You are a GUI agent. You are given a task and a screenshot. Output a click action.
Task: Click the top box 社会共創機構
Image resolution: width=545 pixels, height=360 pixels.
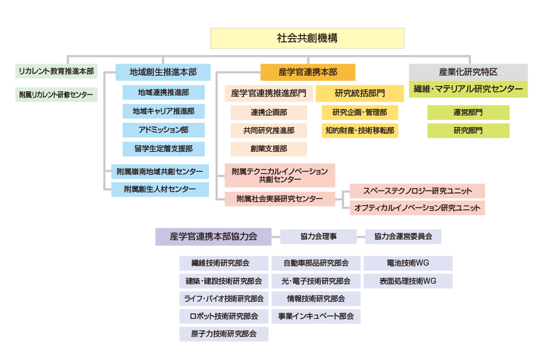[x=307, y=38]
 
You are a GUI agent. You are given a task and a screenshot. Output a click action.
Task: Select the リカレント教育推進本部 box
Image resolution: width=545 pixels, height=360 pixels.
[x=56, y=71]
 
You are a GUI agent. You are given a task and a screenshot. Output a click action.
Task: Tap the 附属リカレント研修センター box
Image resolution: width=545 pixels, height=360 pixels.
[x=56, y=95]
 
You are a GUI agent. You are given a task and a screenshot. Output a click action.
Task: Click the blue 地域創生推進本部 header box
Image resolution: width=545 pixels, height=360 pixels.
[x=163, y=72]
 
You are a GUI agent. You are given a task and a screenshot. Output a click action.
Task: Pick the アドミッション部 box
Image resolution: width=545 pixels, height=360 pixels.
[x=163, y=130]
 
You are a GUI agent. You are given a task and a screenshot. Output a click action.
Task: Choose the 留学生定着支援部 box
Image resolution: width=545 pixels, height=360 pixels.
[x=163, y=149]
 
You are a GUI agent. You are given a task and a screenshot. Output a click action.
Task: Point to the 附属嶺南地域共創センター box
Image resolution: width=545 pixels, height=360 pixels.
[x=160, y=171]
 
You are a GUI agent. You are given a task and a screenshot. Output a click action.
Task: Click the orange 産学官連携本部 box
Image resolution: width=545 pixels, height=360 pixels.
[x=308, y=72]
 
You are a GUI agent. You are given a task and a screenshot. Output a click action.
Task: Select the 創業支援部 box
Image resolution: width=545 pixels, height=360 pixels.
[x=269, y=149]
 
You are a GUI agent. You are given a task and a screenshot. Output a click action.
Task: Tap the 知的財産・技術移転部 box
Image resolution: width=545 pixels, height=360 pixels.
[x=360, y=131]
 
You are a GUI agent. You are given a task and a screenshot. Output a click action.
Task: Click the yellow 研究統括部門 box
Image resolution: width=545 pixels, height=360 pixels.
[x=360, y=93]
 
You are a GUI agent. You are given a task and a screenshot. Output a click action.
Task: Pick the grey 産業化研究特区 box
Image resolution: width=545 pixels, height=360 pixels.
[x=468, y=72]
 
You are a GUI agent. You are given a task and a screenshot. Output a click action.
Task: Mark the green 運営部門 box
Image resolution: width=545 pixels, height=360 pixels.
[x=468, y=113]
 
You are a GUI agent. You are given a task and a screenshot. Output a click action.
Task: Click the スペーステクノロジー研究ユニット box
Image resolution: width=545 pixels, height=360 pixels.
[x=417, y=191]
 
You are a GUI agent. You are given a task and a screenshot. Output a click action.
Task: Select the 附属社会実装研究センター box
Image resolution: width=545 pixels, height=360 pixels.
[x=280, y=199]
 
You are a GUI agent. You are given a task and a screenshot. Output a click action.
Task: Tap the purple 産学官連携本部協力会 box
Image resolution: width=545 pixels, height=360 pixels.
[x=213, y=237]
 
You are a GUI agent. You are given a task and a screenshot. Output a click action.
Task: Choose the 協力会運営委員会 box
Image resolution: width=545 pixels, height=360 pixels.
[x=403, y=237]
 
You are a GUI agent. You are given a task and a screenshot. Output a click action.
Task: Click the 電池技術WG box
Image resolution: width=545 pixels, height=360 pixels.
[x=408, y=263]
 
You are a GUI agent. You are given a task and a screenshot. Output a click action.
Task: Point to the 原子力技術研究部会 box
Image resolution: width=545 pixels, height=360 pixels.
[x=224, y=334]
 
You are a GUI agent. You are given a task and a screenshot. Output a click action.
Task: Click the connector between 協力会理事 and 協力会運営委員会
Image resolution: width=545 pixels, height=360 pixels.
[x=361, y=237]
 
